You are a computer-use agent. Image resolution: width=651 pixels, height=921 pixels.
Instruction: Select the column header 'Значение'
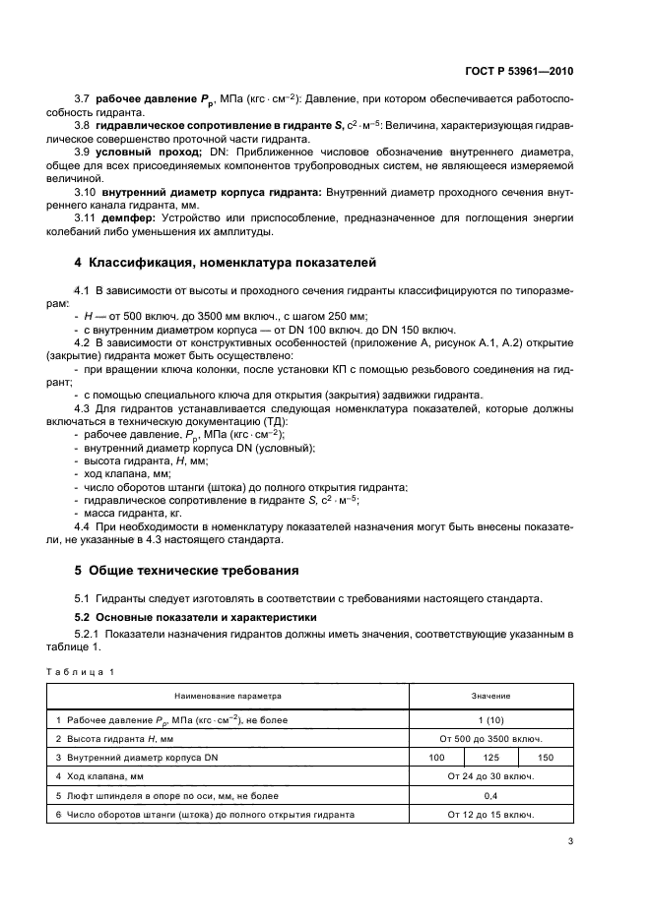490,696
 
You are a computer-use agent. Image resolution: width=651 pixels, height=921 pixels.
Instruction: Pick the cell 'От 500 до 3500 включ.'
490,738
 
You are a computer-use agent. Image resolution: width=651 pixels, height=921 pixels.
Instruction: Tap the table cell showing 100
436,757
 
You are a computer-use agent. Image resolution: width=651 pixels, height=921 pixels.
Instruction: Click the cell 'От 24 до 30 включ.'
490,776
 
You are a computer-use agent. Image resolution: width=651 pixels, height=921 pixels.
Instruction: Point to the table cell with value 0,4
490,795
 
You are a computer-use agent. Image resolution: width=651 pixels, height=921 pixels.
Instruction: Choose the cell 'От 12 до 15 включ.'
490,815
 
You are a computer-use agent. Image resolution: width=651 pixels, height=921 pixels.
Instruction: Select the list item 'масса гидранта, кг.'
135,513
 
